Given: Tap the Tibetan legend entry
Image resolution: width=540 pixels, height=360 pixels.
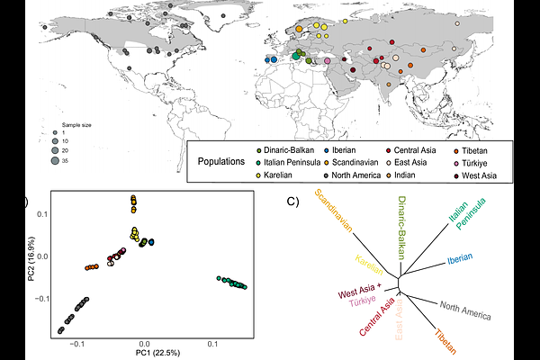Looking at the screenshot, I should pos(480,149).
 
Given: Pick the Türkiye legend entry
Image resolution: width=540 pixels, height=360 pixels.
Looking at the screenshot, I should pos(477,162).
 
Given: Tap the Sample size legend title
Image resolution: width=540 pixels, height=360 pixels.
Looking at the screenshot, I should pos(77,124).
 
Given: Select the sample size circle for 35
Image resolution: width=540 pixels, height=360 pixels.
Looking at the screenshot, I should pos(56,160).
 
